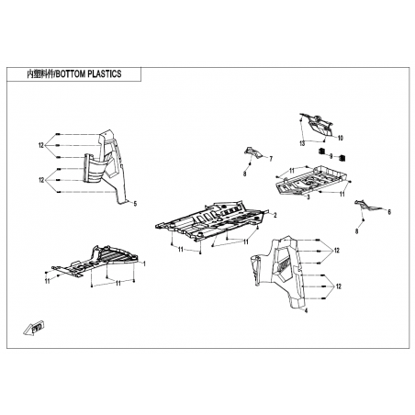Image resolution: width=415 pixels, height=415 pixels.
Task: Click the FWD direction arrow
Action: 34,329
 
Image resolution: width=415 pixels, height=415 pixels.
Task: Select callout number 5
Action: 135,204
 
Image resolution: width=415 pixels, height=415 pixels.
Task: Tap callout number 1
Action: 144,264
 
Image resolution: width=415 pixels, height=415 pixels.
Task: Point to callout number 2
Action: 275,216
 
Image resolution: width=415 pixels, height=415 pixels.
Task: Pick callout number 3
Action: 308,197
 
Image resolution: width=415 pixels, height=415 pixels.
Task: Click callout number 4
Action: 307,310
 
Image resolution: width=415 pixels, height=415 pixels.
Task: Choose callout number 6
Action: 389,212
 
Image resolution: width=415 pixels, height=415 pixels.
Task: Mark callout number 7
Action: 271,159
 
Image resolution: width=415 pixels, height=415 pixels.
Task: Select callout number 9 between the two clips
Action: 331,156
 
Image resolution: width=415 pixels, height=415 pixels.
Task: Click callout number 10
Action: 341,138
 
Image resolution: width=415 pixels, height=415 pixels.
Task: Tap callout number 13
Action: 302,143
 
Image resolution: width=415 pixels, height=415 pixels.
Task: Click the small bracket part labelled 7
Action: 253,152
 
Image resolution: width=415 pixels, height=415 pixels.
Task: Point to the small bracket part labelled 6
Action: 368,206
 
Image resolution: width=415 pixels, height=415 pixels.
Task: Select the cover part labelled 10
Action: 317,125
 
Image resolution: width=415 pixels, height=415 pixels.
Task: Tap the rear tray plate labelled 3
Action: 311,180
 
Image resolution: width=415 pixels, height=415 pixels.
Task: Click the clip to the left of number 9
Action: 321,151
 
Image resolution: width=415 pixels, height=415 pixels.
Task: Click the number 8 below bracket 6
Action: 356,231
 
